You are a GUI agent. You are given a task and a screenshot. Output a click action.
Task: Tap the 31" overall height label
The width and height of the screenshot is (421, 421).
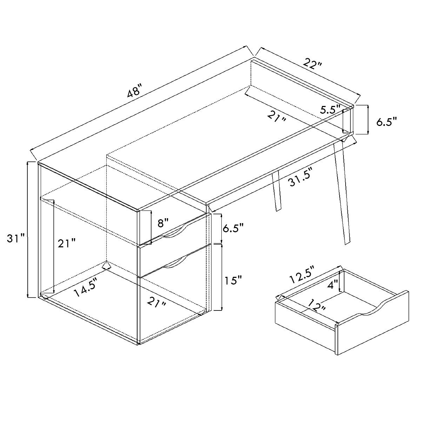16,239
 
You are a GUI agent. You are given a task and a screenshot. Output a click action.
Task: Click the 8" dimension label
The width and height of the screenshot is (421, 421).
163,222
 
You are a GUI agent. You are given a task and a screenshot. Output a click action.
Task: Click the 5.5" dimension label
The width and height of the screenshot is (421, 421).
330,109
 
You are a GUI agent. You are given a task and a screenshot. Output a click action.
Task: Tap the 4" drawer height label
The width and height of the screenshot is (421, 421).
332,284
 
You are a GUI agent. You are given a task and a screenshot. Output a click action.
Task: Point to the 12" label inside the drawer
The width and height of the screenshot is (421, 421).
317,306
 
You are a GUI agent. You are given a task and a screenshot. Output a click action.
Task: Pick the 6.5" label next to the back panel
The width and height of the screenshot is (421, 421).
387,122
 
